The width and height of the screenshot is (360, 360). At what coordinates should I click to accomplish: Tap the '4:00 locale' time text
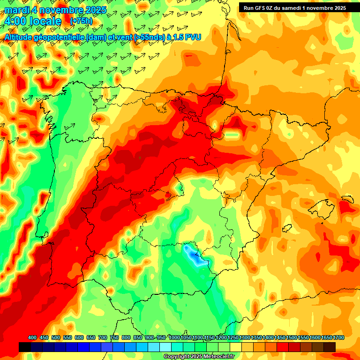click(x=32, y=21)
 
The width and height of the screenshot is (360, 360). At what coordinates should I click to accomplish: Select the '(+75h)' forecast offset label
click(x=81, y=21)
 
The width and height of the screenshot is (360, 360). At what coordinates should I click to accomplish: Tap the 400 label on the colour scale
click(x=32, y=337)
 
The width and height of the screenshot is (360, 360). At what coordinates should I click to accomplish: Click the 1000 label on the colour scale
click(x=174, y=337)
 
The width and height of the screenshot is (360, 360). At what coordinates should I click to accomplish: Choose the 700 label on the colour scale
click(x=103, y=337)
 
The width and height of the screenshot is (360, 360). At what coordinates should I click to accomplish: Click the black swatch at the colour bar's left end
click(x=25, y=347)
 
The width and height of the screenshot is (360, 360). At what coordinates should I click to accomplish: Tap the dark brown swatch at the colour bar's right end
click(x=330, y=347)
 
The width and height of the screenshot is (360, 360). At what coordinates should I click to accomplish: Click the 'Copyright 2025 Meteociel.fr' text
click(x=199, y=356)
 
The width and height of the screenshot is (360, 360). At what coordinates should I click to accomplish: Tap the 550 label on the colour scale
click(x=67, y=337)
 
